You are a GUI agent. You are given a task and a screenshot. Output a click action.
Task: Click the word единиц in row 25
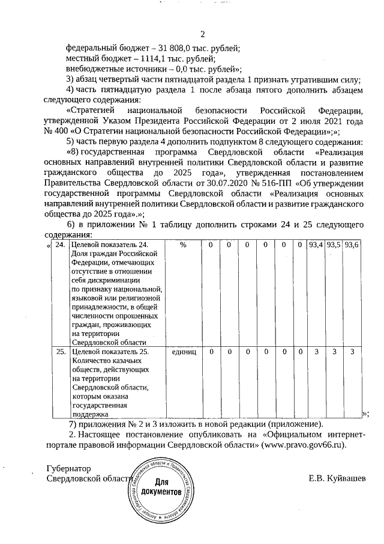(184, 351)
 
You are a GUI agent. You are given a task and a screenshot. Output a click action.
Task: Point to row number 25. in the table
(59, 351)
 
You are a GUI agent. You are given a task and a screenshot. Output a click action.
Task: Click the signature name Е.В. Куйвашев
(336, 478)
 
